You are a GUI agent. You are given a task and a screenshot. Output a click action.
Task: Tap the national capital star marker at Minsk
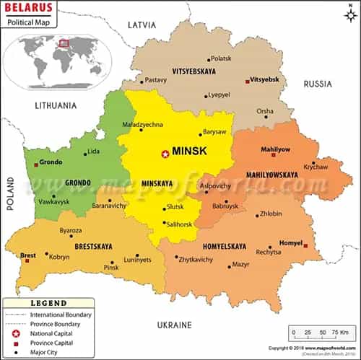pyautogui.click(x=165, y=153)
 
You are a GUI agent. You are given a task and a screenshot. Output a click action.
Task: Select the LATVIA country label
pyautogui.click(x=142, y=25)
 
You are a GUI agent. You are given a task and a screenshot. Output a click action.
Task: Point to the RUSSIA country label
pyautogui.click(x=318, y=84)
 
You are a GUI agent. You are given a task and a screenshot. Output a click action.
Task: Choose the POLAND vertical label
pyautogui.click(x=11, y=193)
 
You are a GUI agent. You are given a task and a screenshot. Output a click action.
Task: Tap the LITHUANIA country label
pyautogui.click(x=56, y=105)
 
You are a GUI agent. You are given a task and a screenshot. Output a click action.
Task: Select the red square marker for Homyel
pyautogui.click(x=305, y=245)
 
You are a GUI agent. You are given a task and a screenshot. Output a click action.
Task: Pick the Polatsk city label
pyautogui.click(x=221, y=58)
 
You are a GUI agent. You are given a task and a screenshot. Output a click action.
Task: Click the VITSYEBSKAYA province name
pyautogui.click(x=195, y=71)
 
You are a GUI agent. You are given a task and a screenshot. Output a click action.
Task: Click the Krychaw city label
pyautogui.click(x=316, y=167)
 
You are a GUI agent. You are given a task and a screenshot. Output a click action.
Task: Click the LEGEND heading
pyautogui.click(x=48, y=304)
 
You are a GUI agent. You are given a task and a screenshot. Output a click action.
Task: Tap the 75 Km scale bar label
pyautogui.click(x=339, y=332)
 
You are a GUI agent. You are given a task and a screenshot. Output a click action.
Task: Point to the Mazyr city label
pyautogui.click(x=240, y=265)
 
